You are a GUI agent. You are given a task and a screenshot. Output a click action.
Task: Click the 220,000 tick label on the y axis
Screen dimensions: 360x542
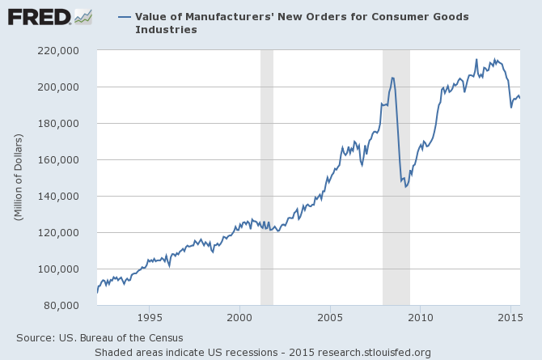pyautogui.click(x=66, y=50)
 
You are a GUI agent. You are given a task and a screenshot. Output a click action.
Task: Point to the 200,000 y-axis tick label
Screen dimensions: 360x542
pyautogui.click(x=66, y=87)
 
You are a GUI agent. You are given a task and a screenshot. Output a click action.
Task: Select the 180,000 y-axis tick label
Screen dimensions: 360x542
pyautogui.click(x=66, y=123)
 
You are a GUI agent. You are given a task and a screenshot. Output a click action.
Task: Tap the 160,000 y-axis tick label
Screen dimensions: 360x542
pyautogui.click(x=66, y=159)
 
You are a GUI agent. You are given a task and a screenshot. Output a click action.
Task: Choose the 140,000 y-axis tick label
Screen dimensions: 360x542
pyautogui.click(x=66, y=196)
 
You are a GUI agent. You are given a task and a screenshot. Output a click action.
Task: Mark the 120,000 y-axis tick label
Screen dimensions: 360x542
pyautogui.click(x=66, y=232)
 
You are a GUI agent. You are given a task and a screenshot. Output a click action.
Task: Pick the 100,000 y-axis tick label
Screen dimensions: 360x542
pyautogui.click(x=66, y=269)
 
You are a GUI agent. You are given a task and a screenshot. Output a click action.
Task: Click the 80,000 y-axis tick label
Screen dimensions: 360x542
pyautogui.click(x=69, y=305)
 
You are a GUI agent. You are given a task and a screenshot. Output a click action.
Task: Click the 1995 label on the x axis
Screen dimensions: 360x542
pyautogui.click(x=149, y=318)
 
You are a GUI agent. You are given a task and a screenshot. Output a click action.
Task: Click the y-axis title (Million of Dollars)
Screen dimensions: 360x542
pyautogui.click(x=19, y=178)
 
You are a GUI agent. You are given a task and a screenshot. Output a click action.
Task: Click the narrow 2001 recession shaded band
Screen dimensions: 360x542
pyautogui.click(x=266, y=178)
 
